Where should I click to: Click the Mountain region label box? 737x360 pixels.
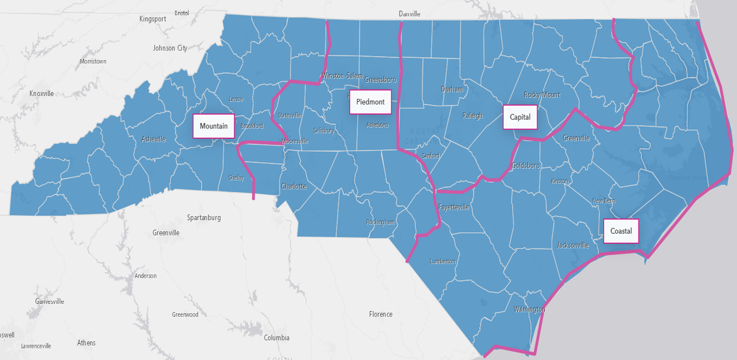click(x=213, y=126)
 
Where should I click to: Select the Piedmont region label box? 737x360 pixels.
click(x=370, y=102)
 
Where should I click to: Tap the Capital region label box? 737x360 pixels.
click(x=520, y=117)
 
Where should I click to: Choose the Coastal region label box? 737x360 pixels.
click(x=621, y=231)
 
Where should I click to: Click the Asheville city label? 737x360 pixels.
click(x=153, y=139)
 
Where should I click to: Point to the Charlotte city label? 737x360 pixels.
click(x=293, y=187)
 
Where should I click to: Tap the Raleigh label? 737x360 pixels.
click(x=472, y=116)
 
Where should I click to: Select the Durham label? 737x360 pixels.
click(x=451, y=89)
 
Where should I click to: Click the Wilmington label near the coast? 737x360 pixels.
click(x=529, y=309)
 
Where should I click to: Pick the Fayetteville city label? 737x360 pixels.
click(x=454, y=207)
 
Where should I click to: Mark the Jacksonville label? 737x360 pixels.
click(x=572, y=245)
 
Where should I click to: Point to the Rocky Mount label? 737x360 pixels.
click(x=542, y=95)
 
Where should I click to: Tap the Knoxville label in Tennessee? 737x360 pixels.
click(x=42, y=93)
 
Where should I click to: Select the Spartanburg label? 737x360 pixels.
click(x=204, y=217)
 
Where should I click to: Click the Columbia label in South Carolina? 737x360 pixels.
click(x=276, y=338)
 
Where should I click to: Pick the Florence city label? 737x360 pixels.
click(x=381, y=314)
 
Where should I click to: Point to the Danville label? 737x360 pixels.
click(x=410, y=14)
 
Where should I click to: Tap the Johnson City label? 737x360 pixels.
click(x=170, y=48)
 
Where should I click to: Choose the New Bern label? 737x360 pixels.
click(x=603, y=201)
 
